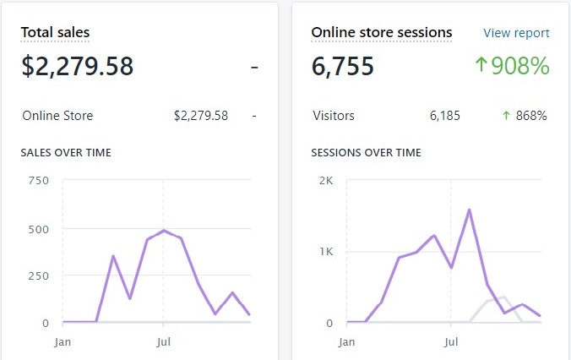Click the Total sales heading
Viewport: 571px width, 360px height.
coord(55,33)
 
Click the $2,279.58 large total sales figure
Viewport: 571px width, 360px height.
coord(77,66)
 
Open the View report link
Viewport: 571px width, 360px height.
coord(516,33)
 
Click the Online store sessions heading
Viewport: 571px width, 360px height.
coord(381,33)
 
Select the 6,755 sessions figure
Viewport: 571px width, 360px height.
coord(343,66)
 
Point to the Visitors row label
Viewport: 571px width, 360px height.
coord(333,116)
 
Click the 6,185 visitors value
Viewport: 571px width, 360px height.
coord(444,116)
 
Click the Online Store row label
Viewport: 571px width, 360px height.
coord(57,116)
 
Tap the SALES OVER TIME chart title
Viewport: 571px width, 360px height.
coord(66,153)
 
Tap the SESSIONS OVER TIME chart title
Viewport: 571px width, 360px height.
coord(366,153)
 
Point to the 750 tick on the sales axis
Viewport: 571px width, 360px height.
coord(39,180)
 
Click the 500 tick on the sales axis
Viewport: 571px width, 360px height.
coord(39,228)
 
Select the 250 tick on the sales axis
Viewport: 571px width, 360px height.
coord(39,275)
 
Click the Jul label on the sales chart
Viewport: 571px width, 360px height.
coord(164,342)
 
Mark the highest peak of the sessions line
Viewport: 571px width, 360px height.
coord(469,210)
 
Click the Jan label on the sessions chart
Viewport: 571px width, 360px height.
coord(346,342)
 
